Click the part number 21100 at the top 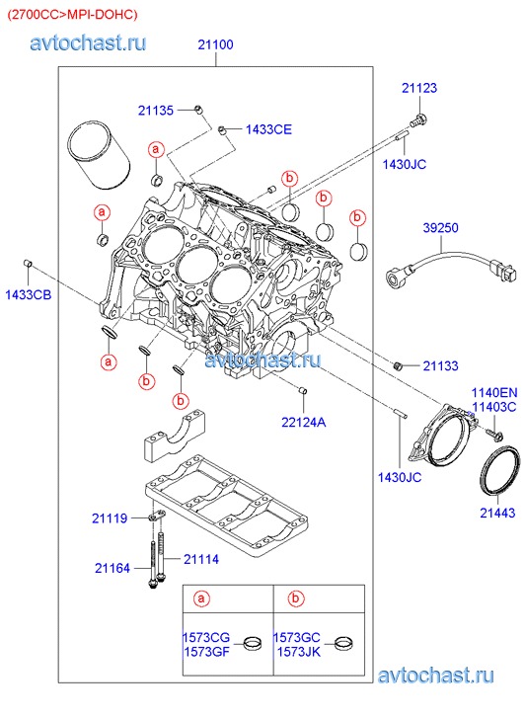click(x=215, y=44)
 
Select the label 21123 click(x=419, y=88)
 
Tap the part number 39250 click(x=440, y=227)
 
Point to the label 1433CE click(x=268, y=129)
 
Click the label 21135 click(x=156, y=111)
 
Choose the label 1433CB click(x=29, y=295)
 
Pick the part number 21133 click(x=440, y=365)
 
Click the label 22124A click(x=304, y=422)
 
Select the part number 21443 click(x=497, y=513)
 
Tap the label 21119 click(x=110, y=519)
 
